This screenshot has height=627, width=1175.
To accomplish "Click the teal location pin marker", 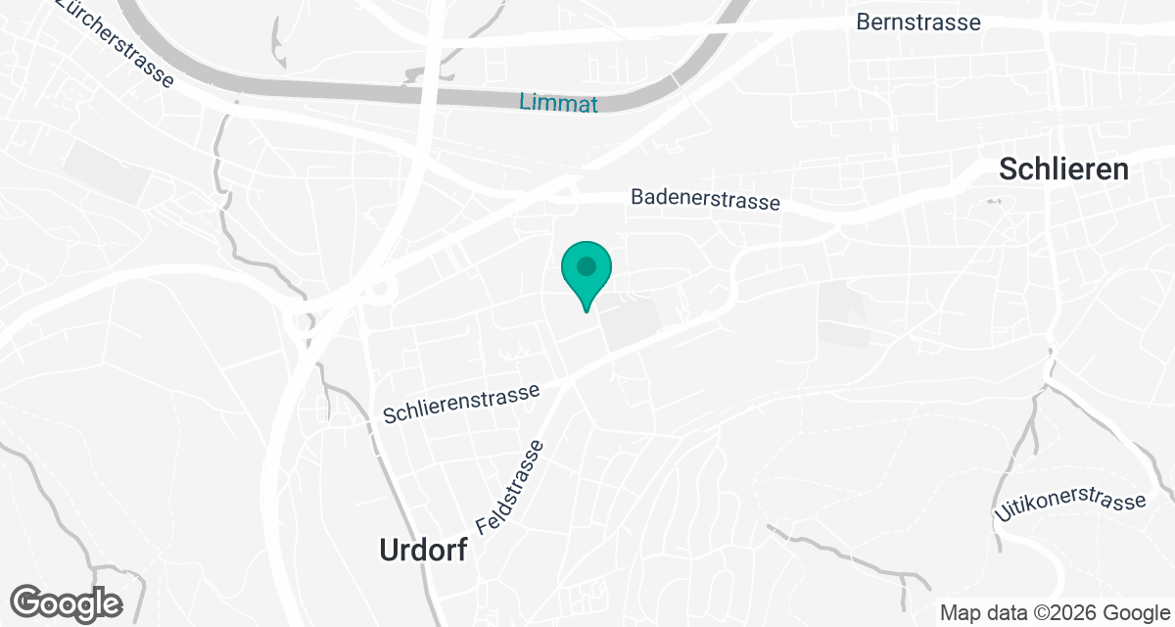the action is [587, 273].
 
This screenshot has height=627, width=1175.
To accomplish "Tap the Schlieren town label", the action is [1063, 169].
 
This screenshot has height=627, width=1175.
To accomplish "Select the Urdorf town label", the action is [424, 552].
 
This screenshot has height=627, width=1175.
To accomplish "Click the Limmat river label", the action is [558, 103].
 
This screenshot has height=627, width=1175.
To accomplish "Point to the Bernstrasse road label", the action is [917, 22].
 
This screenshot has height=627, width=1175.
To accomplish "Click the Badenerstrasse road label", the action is [705, 199].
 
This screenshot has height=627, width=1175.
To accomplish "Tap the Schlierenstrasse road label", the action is [461, 404].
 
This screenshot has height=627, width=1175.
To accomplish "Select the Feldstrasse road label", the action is [510, 487].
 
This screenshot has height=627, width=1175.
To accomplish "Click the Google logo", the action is [67, 603].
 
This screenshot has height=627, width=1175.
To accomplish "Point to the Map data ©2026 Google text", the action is [1056, 613].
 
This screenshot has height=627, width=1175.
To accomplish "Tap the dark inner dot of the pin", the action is [587, 265].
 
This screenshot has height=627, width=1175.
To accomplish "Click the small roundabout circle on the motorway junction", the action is [381, 289].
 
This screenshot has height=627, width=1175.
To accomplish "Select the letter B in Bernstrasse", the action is [863, 22].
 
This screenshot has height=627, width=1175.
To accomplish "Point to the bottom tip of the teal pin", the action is [587, 312].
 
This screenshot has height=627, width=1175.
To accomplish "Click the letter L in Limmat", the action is [525, 103].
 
